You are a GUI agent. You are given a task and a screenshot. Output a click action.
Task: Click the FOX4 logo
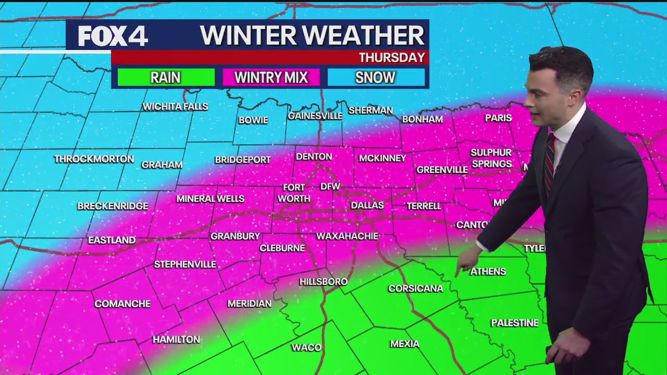pos(113,36)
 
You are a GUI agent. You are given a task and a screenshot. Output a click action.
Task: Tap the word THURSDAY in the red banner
pos(391,57)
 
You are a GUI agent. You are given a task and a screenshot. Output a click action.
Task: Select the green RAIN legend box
pos(166,78)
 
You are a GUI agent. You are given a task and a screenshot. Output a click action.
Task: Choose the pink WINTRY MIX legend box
pos(271,78)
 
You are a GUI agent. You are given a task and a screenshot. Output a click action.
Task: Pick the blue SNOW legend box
pos(375,78)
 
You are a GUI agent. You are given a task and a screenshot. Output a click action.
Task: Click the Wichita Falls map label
pos(175,107)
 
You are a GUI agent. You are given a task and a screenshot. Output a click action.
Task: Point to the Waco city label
pos(306,347)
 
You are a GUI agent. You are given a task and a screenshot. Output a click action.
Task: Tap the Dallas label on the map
pos(367,205)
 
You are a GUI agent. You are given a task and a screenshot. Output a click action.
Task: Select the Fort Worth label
pos(294,193)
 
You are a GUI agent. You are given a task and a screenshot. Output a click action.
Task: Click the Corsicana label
pos(415,289)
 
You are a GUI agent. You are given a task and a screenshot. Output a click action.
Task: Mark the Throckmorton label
pos(94,159)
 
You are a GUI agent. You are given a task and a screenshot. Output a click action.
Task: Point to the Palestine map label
pos(514,323)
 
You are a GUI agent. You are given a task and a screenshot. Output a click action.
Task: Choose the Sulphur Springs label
pos(491,158)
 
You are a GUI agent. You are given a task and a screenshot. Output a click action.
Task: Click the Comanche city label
pos(122,304)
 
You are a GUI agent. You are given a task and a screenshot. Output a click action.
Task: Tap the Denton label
pos(314,157)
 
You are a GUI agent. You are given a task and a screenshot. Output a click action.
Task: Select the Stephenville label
pos(185,265)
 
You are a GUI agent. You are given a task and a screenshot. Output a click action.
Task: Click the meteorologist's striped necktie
pos(549,161)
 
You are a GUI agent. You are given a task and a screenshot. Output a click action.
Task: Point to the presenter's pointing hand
pos(467,260)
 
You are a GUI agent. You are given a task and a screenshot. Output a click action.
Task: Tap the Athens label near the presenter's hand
pos(488,271)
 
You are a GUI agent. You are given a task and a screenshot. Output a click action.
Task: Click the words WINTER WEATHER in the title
pos(312,35)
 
